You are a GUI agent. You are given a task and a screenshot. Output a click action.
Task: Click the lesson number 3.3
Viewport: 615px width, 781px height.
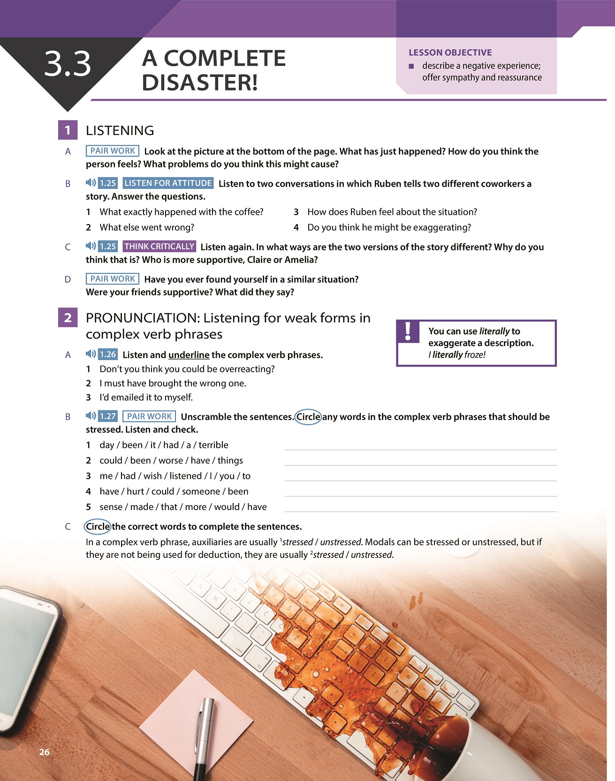68,65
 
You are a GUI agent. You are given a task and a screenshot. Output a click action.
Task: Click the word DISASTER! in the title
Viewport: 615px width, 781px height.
200,83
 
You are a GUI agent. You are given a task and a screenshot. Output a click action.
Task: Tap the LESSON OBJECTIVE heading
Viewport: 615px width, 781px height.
450,53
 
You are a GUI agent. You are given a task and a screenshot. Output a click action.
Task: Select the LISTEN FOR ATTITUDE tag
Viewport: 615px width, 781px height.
168,183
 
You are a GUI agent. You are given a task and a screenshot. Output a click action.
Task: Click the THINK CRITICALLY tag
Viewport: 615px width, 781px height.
159,247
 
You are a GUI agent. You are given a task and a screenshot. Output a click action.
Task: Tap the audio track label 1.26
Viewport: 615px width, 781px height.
108,354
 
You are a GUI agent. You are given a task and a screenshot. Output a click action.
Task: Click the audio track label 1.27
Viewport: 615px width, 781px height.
108,416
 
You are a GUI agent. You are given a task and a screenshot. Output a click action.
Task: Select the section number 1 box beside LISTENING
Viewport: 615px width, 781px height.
68,130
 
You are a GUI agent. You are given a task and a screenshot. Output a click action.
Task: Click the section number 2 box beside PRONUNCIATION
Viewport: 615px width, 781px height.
68,318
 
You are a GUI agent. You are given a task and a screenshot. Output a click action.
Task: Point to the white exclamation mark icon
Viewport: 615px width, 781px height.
408,331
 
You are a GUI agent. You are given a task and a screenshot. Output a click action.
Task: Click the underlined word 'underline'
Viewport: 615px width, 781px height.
189,355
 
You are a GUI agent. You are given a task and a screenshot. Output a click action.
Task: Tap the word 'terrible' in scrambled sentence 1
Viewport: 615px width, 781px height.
213,445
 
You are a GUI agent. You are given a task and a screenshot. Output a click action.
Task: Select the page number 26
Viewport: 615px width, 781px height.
44,752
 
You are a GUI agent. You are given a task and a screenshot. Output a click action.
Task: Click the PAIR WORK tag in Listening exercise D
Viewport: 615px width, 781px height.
113,279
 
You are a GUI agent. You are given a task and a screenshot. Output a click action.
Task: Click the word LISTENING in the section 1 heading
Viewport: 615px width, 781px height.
120,130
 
